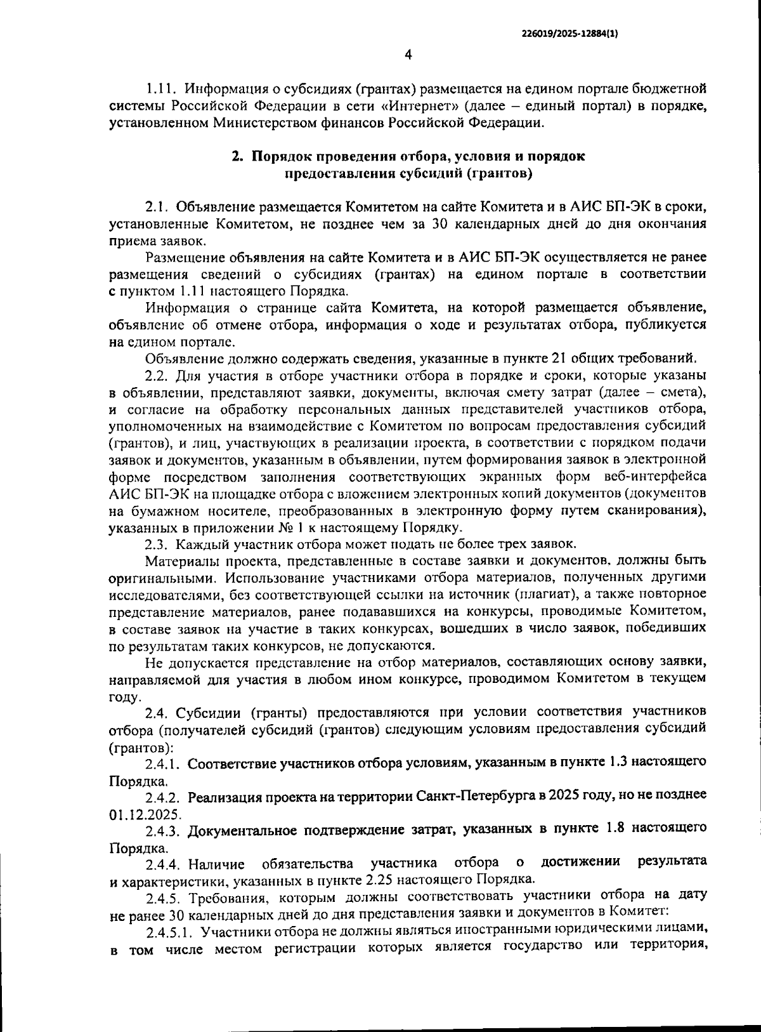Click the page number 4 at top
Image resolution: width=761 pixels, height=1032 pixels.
pyautogui.click(x=408, y=55)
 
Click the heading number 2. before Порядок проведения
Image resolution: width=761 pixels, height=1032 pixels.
pyautogui.click(x=237, y=156)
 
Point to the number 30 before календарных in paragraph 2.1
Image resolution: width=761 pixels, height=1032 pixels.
pyautogui.click(x=441, y=223)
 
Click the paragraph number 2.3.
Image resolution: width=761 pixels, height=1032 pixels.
pyautogui.click(x=157, y=544)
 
